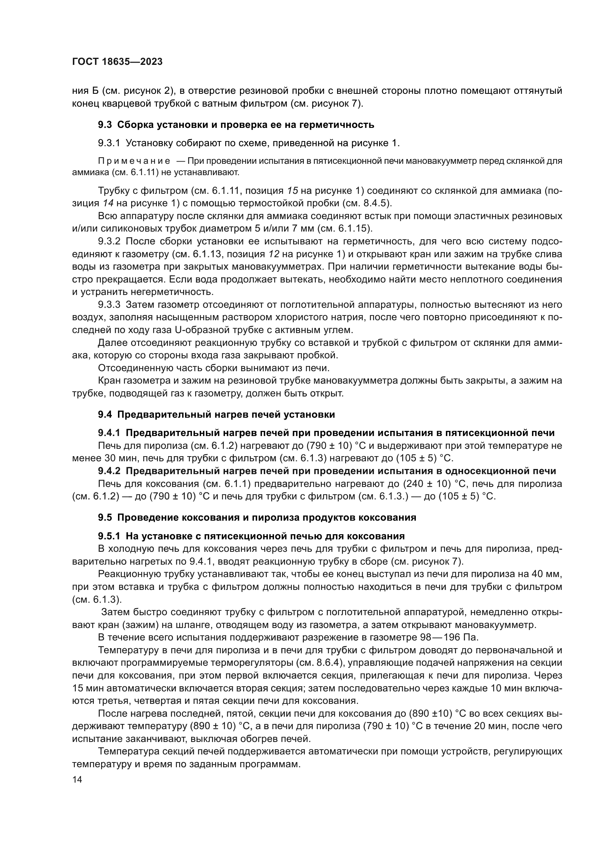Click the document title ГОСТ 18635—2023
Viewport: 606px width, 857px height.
pyautogui.click(x=117, y=62)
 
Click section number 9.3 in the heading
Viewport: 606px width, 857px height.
pyautogui.click(x=105, y=125)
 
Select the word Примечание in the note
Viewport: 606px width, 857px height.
pyautogui.click(x=134, y=161)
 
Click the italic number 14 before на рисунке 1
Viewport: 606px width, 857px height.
pyautogui.click(x=107, y=203)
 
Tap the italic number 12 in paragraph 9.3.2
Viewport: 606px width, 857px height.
pyautogui.click(x=274, y=254)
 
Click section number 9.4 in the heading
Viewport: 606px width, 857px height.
pyautogui.click(x=105, y=415)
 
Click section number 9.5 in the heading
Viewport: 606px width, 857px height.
pyautogui.click(x=105, y=518)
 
